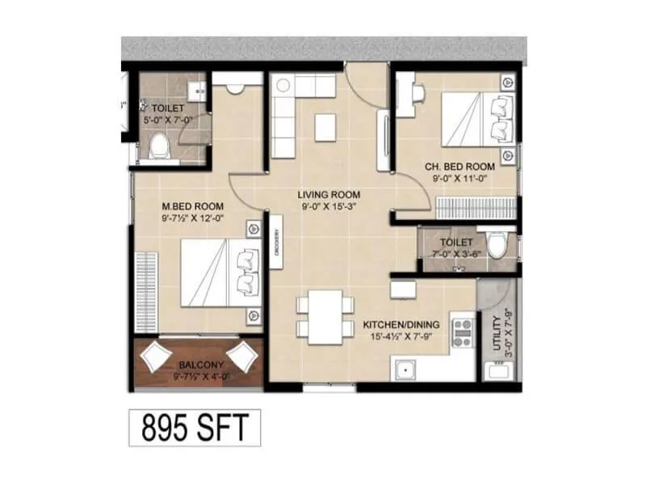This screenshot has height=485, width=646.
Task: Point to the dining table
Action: [x=325, y=315]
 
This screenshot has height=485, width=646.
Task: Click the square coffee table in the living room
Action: [x=325, y=127]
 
